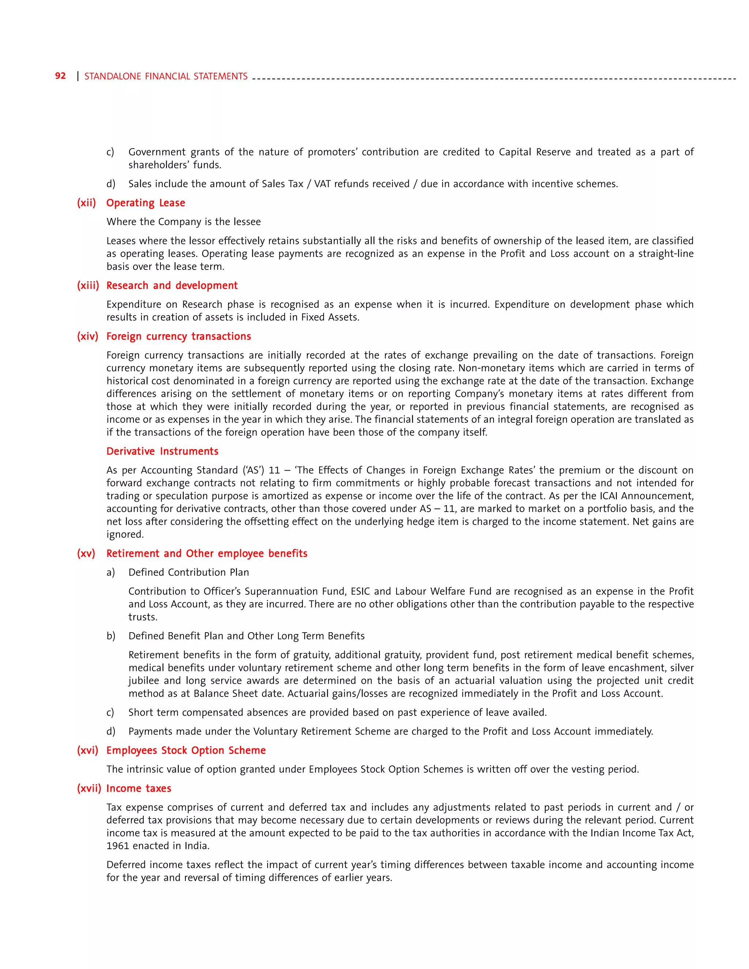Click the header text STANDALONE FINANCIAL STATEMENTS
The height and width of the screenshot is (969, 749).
[x=166, y=76]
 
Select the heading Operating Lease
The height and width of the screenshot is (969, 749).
[x=146, y=203]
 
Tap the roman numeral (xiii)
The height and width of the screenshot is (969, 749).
[x=88, y=285]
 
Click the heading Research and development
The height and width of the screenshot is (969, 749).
[x=172, y=285]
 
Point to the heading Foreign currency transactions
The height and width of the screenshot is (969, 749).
[x=178, y=336]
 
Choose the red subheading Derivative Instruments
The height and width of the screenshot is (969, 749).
[x=162, y=451]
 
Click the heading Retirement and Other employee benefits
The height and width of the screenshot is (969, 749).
[x=207, y=553]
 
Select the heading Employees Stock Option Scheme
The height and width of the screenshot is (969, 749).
[x=186, y=750]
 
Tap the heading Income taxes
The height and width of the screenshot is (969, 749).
[x=139, y=788]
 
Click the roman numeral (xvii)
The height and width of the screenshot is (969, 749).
[x=89, y=788]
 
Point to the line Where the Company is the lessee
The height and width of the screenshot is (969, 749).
[x=184, y=222]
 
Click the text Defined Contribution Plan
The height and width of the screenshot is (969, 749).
[x=189, y=572]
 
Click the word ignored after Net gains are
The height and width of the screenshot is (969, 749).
[x=125, y=534]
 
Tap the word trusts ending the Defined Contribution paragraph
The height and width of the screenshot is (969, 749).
[x=142, y=617]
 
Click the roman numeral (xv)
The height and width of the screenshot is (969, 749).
[x=86, y=553]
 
